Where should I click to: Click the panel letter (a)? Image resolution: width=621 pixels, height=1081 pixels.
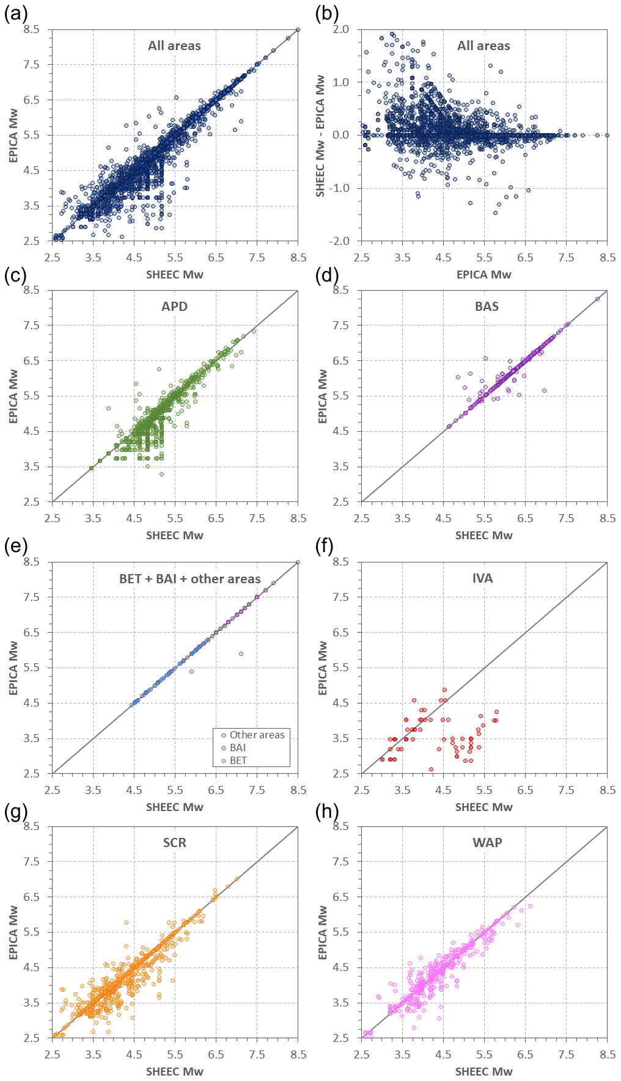point(15,14)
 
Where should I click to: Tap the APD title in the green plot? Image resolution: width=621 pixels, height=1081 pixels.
point(174,307)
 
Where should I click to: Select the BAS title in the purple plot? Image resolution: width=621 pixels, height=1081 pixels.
point(487,307)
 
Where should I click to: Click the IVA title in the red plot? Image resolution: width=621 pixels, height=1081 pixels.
point(482,578)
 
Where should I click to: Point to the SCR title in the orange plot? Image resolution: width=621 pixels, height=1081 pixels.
point(174,843)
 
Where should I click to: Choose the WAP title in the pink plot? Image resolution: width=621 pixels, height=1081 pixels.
point(487,843)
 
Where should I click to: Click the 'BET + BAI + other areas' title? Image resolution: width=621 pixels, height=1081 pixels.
point(189,579)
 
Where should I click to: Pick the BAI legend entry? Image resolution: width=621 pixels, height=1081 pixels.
point(238,748)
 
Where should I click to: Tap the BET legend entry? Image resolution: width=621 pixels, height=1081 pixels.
point(238,761)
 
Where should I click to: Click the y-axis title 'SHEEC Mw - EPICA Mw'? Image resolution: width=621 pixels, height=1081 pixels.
point(320,136)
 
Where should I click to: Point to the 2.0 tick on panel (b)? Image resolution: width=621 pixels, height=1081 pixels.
point(341,29)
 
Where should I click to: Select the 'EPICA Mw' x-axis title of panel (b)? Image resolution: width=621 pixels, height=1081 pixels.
point(483,275)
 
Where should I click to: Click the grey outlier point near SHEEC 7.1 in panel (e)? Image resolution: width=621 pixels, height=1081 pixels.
point(241,654)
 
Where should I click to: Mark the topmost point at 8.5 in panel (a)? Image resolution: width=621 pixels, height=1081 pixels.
point(298,29)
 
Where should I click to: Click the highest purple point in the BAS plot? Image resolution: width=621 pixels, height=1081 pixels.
point(597,299)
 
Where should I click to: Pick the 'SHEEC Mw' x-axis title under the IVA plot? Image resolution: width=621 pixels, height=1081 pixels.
point(483,807)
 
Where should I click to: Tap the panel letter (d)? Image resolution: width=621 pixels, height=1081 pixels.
point(326,275)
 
